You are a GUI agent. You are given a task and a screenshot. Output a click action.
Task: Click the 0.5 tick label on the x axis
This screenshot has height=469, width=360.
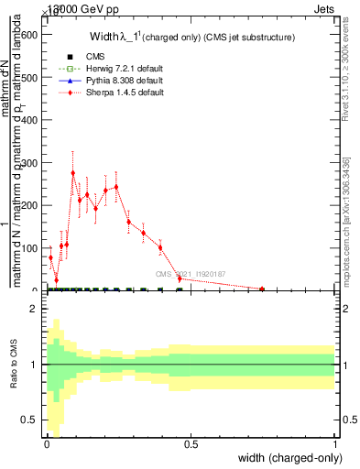(x=191, y=443)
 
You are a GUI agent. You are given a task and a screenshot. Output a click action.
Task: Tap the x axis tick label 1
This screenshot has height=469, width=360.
(x=336, y=443)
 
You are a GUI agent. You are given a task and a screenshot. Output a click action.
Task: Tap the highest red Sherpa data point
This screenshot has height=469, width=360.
(x=73, y=172)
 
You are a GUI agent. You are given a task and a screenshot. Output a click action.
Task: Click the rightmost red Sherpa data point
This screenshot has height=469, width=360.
(x=263, y=289)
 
